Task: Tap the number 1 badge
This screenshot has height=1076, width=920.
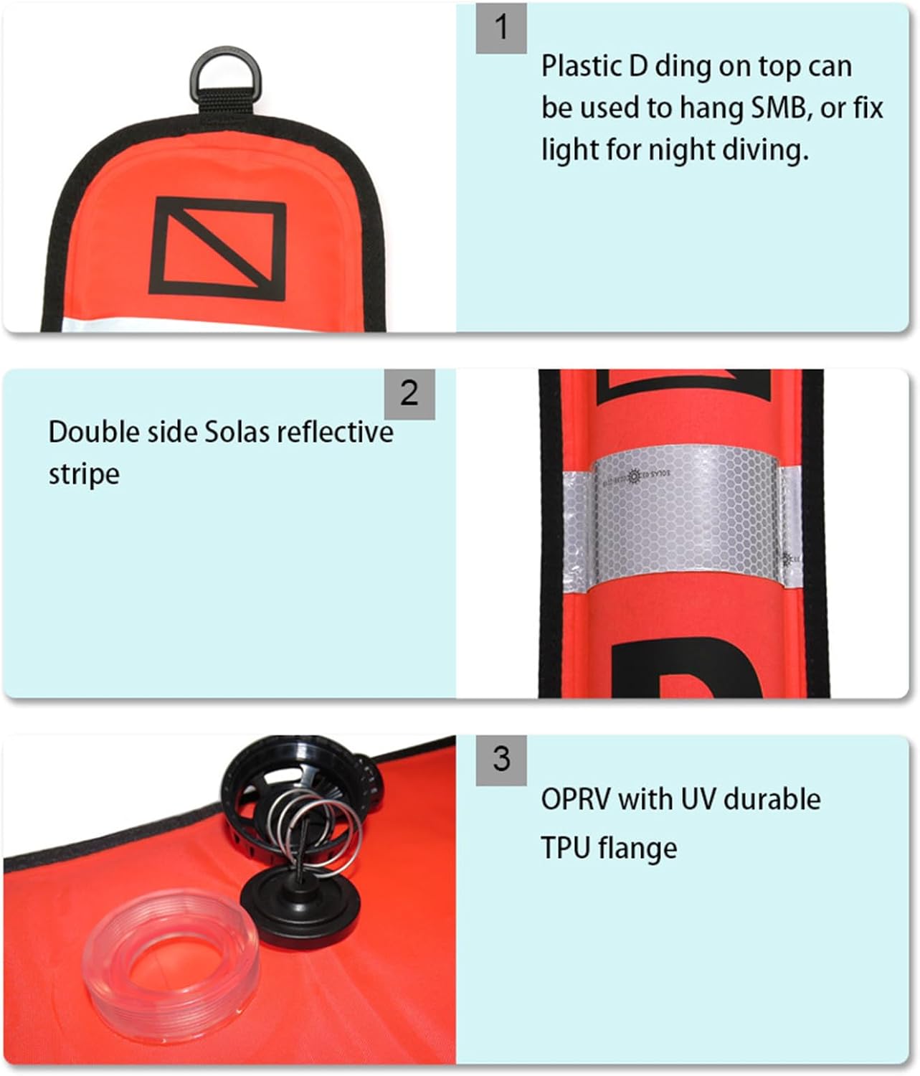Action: tap(501, 27)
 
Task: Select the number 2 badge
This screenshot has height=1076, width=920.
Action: tap(409, 394)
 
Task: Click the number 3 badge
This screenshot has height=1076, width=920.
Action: tap(501, 760)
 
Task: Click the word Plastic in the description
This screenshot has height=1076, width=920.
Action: tap(581, 66)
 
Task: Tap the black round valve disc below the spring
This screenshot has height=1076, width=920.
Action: tap(300, 910)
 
